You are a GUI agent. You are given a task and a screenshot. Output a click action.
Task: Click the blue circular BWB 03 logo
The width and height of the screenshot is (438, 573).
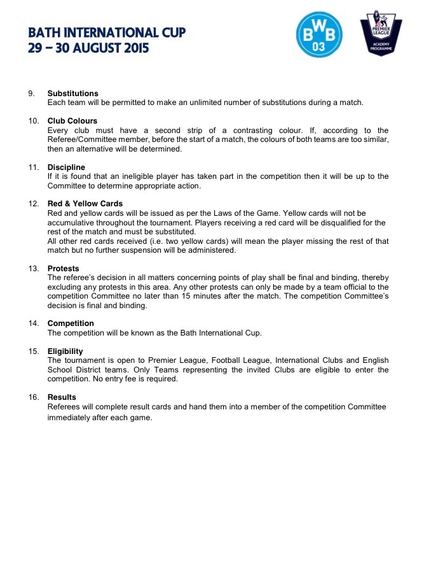coord(320,35)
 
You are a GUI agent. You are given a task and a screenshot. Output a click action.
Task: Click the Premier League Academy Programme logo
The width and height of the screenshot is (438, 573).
coord(381,33)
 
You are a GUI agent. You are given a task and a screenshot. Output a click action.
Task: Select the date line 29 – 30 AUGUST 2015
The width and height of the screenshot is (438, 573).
coord(88,48)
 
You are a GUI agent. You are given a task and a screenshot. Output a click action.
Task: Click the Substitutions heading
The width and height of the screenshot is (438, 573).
coord(72,94)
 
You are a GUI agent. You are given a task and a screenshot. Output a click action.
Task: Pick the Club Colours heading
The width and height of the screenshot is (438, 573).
coord(72,121)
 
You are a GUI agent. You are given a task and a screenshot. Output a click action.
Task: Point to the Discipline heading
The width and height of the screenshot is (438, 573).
coord(66,167)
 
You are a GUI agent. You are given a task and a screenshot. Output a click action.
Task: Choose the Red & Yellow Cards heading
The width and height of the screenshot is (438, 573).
coord(85,204)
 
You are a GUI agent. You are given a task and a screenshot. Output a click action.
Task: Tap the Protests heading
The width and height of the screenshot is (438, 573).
coord(63,269)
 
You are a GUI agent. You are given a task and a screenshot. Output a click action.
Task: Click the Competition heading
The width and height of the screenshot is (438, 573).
coord(71,323)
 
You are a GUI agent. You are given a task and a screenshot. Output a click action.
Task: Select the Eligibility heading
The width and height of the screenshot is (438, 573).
coord(65,351)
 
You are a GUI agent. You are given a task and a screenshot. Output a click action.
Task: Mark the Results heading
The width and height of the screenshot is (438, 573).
coord(62,397)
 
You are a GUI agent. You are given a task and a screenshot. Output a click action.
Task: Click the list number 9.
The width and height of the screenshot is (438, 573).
coord(31,94)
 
